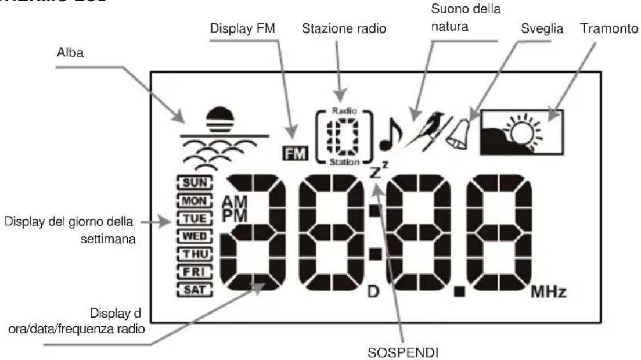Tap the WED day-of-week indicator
click(192, 236)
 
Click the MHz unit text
click(548, 290)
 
